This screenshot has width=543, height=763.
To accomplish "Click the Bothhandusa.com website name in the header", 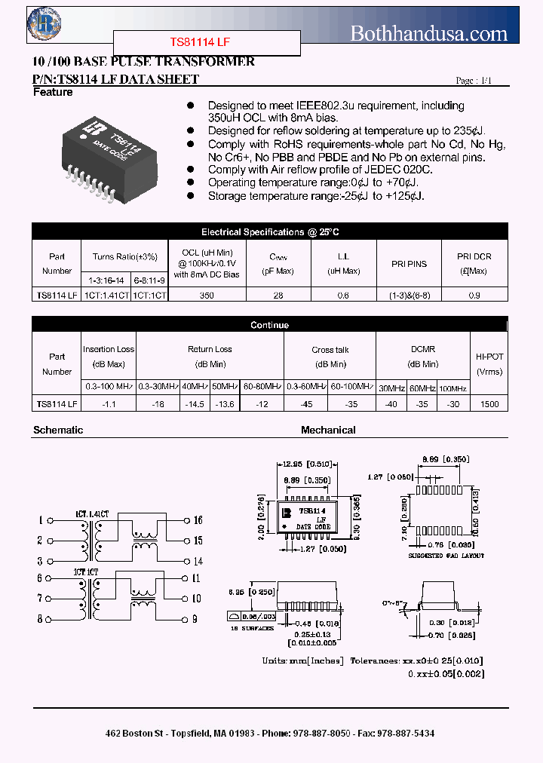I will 429,33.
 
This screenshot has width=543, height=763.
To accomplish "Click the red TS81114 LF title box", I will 207,43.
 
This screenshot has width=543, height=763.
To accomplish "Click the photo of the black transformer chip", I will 111,158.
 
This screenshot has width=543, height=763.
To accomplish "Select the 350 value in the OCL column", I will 207,296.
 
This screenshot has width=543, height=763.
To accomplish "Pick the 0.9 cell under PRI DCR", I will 474,296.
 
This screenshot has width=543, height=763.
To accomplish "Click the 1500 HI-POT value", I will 489,404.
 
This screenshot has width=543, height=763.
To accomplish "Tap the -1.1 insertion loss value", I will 109,404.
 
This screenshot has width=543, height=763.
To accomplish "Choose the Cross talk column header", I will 330,350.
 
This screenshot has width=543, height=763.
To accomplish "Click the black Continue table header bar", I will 269,325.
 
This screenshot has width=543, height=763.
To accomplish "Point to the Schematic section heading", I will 58,430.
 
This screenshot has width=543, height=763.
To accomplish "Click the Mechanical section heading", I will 328,430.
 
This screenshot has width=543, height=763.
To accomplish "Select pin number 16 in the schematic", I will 198,520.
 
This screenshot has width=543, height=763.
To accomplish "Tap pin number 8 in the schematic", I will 39,619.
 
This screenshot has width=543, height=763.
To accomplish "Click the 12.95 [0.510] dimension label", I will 305,464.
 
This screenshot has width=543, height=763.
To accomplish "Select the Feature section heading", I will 53,92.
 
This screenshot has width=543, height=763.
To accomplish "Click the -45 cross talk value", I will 306,404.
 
